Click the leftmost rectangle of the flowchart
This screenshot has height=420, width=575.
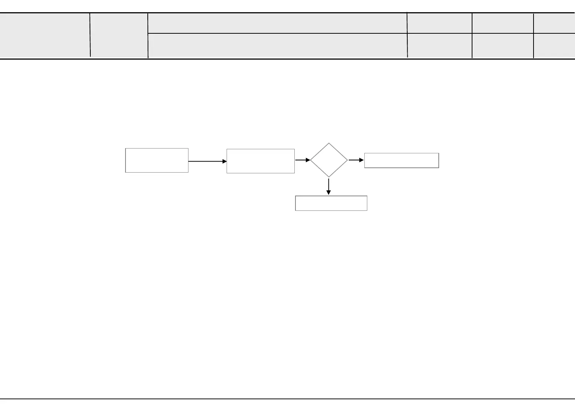coord(157,160)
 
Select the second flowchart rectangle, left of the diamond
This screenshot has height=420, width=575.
coord(260,161)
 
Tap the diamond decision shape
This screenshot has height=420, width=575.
coord(329,160)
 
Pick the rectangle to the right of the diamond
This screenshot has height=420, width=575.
coord(401,160)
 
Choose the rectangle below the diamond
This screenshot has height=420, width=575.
coord(331,203)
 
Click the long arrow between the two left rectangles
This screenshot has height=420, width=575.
coord(207,161)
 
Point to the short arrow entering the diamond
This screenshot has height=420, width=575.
coord(302,160)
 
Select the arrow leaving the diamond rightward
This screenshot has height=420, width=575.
coord(356,160)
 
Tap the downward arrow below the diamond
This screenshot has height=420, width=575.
coord(328,186)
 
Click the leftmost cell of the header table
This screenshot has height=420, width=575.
coord(45,36)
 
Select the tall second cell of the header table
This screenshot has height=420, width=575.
coord(119,36)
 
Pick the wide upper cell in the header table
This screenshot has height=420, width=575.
coord(277,23)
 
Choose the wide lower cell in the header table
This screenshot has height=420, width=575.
coord(277,46)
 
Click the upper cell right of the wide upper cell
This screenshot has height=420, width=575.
coord(439,23)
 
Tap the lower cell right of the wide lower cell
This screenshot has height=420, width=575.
coord(439,46)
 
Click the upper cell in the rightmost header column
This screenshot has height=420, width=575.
coord(554,23)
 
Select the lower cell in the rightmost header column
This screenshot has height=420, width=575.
coord(554,46)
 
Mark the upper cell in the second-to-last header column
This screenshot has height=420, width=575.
coord(502,23)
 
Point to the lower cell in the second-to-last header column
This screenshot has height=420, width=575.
coord(502,46)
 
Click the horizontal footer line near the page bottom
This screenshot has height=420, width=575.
coord(287,399)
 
